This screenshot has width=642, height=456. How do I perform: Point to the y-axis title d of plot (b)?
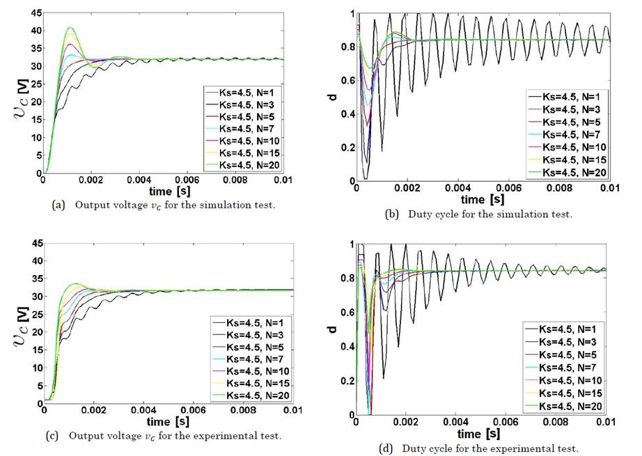(x=333, y=96)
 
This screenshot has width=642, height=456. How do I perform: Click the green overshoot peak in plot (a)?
(x=70, y=28)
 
